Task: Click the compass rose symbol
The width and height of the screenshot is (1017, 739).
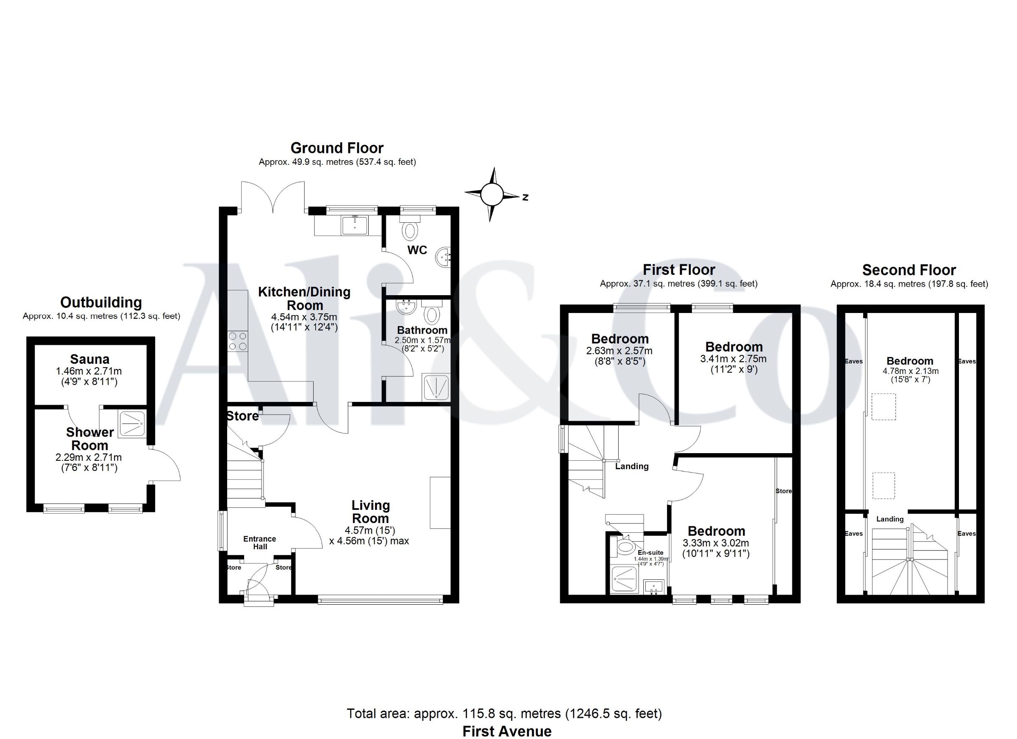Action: (492, 194)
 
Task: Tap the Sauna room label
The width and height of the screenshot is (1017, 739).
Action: (90, 359)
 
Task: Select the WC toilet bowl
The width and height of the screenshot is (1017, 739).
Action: (410, 231)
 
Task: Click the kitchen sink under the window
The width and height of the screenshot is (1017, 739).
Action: (354, 225)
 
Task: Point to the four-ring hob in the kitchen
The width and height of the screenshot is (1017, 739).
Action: (238, 340)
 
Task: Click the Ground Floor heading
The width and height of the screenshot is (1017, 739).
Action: (337, 148)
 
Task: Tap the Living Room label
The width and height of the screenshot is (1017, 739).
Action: (370, 512)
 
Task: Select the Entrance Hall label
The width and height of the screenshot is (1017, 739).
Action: (260, 543)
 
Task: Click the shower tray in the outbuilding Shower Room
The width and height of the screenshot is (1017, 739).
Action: (132, 423)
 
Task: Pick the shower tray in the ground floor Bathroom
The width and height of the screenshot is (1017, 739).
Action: (436, 387)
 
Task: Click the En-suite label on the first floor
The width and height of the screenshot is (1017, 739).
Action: (650, 553)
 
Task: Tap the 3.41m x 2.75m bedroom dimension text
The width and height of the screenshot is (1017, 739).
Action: (734, 359)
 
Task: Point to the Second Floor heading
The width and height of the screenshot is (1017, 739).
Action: (909, 270)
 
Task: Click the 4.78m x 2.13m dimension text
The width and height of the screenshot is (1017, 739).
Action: (910, 371)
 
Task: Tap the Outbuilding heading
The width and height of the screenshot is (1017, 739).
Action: (101, 302)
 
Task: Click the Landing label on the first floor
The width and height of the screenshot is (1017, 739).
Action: (631, 466)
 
